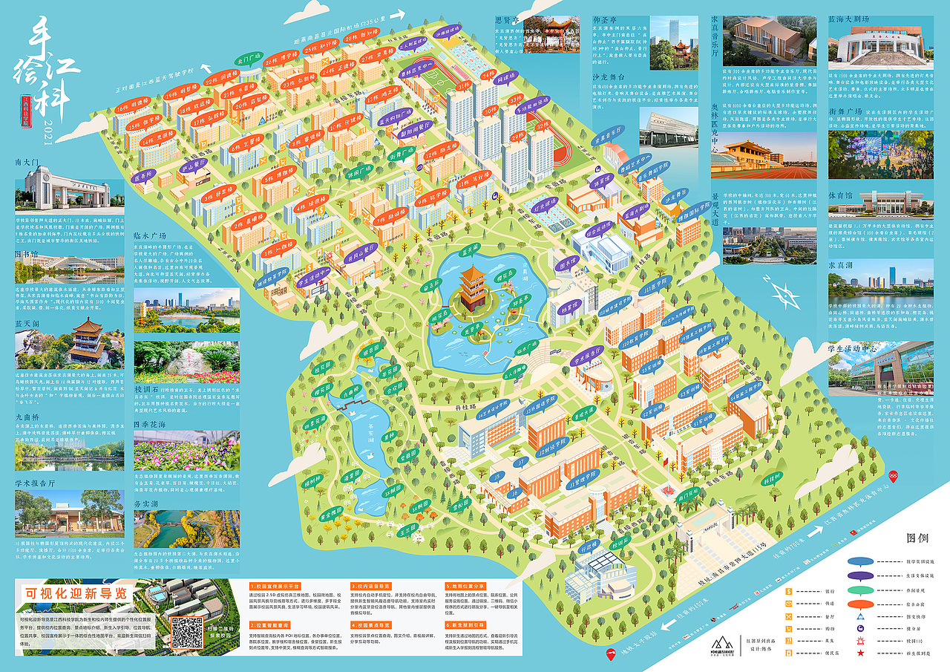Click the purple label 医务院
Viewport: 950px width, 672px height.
click(147, 177)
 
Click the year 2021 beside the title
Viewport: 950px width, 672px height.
click(49, 127)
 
